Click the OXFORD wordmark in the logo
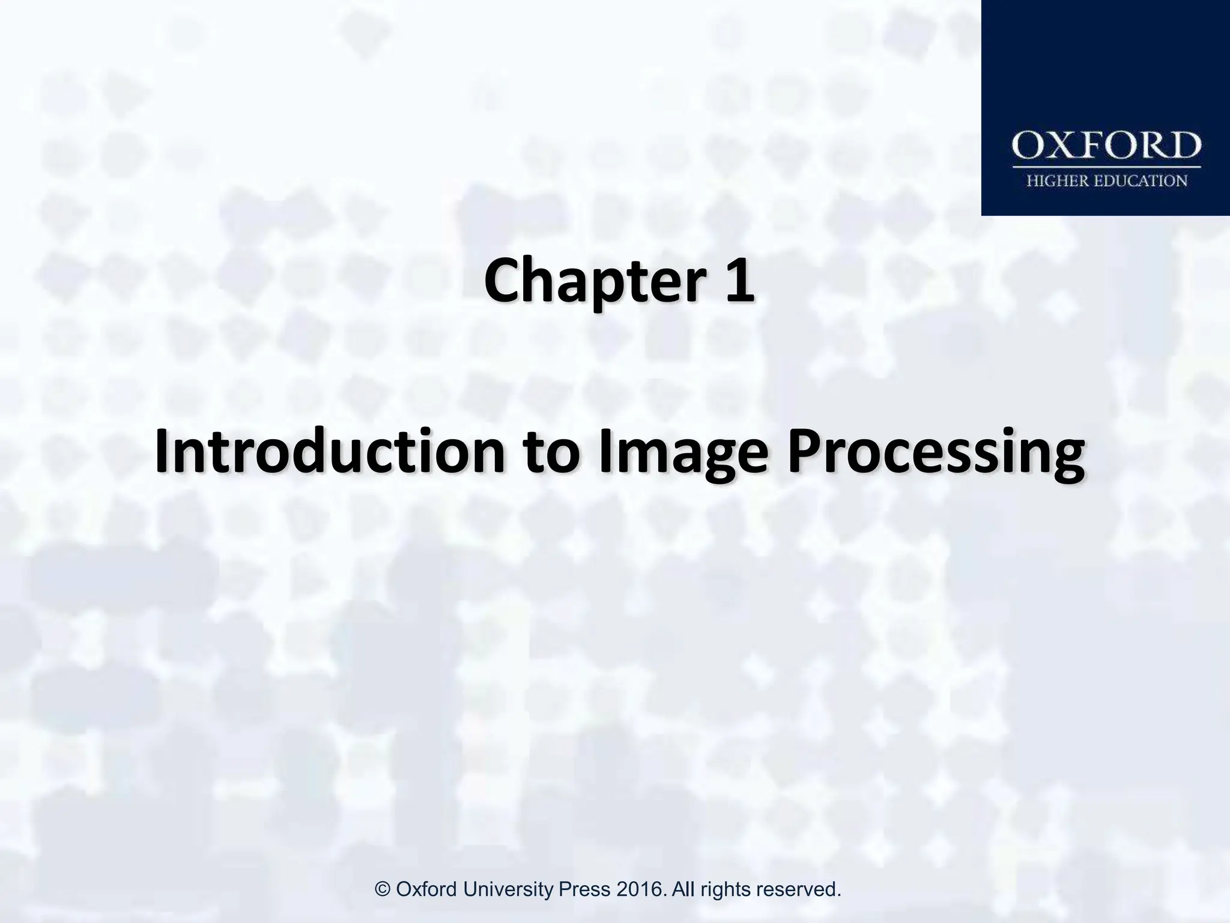pyautogui.click(x=1106, y=146)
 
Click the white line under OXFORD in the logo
pyautogui.click(x=1106, y=166)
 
